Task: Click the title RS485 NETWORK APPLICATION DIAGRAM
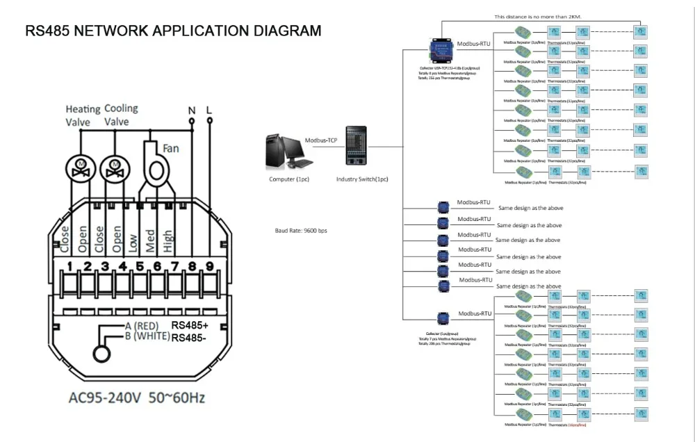coord(173,31)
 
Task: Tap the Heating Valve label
coord(83,115)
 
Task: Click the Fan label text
coord(171,148)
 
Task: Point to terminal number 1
coord(70,265)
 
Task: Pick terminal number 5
coord(140,265)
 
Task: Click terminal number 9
coord(209,265)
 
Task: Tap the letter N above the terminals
coord(192,110)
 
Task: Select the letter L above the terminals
coord(209,110)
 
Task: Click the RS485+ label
coord(190,325)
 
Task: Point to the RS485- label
coord(189,338)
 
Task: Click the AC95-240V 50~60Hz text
coord(136,399)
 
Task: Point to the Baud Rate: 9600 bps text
coord(301,231)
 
